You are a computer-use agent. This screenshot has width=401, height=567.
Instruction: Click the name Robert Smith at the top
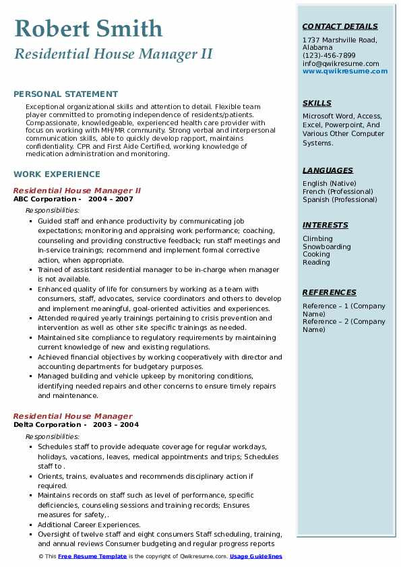coord(88,28)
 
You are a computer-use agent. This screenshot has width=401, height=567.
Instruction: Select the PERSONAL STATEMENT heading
coord(65,94)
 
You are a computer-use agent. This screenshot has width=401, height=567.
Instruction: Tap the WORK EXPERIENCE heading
coord(57,174)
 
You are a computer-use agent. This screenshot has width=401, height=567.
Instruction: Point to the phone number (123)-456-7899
coord(329,56)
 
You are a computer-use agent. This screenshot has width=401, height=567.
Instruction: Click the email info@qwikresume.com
coord(340,63)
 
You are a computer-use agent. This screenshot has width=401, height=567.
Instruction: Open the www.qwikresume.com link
coord(340,71)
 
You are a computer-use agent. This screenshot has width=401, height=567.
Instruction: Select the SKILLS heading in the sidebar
coord(317,103)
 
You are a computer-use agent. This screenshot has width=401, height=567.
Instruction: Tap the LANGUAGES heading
coord(328,170)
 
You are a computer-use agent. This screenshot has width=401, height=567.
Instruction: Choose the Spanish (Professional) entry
coord(340,199)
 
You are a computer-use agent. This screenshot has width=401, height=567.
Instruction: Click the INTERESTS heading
coord(325,225)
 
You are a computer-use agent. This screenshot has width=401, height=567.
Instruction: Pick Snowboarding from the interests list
coord(326,246)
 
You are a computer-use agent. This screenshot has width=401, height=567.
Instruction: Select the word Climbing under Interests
coord(317,238)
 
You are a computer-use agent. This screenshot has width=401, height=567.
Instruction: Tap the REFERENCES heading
coord(329,292)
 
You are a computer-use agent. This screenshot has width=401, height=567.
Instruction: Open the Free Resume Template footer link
coord(92,557)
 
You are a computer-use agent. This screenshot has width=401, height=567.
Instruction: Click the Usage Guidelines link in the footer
coord(256,557)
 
